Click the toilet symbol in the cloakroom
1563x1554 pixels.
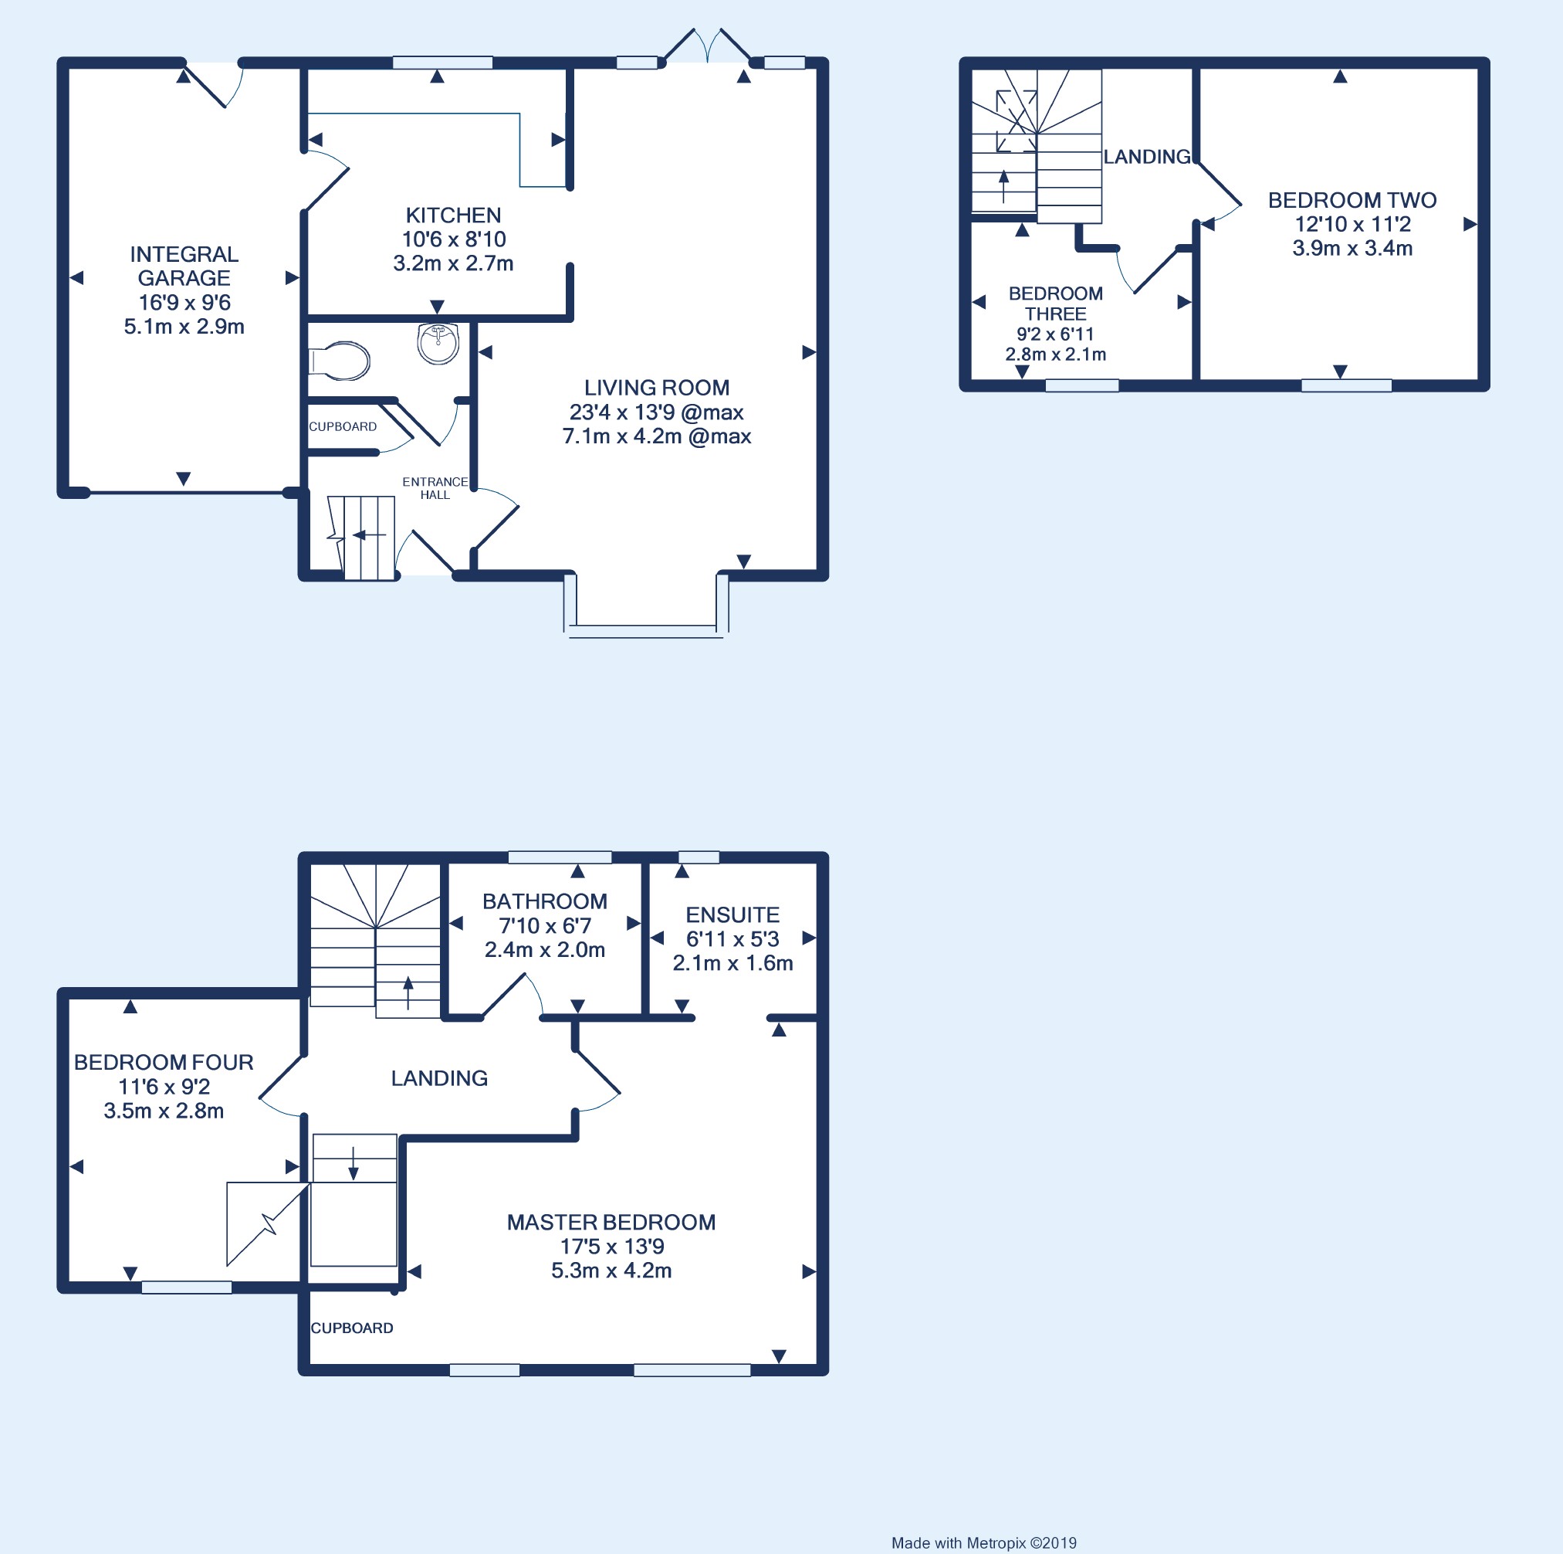(340, 361)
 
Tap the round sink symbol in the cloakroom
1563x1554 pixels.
(438, 343)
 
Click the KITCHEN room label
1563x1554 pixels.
(453, 215)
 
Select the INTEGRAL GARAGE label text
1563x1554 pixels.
(184, 266)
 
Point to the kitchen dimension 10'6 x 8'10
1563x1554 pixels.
(454, 239)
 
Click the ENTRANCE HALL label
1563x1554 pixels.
(435, 488)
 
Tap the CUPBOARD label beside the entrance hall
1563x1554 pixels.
(343, 426)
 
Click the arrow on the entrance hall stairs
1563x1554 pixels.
(370, 535)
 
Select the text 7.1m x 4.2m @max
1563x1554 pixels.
(657, 436)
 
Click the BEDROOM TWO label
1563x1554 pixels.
(1352, 200)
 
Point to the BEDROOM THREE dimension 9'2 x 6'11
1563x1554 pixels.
(1055, 334)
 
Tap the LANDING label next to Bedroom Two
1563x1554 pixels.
(1147, 157)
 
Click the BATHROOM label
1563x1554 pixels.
(544, 901)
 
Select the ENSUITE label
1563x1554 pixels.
(733, 914)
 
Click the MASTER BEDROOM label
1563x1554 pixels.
(611, 1222)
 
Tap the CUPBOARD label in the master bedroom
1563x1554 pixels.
(352, 1328)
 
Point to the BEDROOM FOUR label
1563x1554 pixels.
(164, 1062)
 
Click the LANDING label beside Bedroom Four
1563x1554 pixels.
(439, 1078)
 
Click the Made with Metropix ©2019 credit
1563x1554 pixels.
(984, 1543)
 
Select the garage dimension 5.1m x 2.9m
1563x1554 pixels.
(184, 327)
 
